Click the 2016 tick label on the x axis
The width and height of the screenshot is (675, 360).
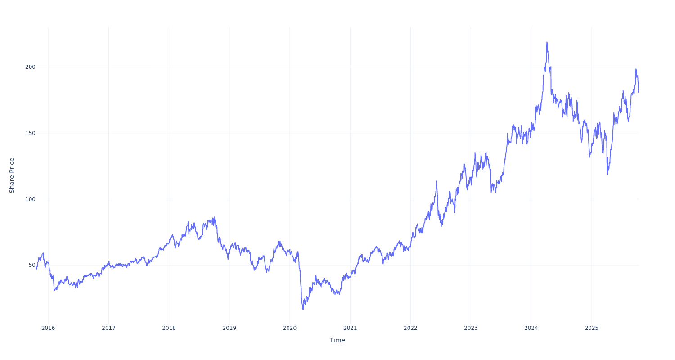48,328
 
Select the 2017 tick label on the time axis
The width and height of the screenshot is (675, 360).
108,328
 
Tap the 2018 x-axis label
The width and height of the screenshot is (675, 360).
169,328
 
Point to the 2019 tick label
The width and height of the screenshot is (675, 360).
229,328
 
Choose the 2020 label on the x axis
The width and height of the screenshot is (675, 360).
290,328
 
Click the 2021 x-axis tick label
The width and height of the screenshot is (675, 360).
350,328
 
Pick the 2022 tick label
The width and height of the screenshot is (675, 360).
410,328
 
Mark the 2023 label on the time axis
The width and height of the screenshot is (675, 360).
471,328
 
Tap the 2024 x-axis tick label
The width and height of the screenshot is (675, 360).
531,328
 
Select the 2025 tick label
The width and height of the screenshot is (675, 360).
592,328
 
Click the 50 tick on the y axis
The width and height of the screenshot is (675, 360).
32,265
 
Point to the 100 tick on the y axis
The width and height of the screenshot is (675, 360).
30,199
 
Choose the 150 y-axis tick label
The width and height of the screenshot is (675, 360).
30,133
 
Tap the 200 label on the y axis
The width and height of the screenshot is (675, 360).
30,67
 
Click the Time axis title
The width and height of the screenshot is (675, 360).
337,340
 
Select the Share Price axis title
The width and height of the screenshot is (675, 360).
12,175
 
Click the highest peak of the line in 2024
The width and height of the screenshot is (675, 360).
547,42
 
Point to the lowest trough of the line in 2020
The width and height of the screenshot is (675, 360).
303,309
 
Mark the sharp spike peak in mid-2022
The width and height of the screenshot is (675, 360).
436,181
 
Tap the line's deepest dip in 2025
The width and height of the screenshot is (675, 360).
607,174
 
